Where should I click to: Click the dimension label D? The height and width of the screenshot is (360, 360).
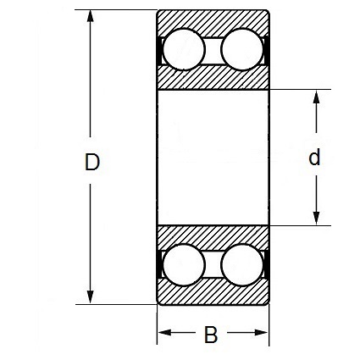[x=92, y=162]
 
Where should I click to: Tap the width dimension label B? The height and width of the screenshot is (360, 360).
[x=211, y=335]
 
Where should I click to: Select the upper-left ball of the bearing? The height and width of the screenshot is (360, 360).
[x=184, y=49]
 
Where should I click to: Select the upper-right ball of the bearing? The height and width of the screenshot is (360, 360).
[x=242, y=49]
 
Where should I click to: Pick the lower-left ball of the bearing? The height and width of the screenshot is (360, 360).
[x=184, y=265]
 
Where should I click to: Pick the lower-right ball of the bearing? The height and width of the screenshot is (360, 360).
[x=242, y=265]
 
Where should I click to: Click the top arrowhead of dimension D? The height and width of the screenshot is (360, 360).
[x=90, y=16]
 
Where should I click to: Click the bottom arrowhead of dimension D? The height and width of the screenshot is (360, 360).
[x=90, y=297]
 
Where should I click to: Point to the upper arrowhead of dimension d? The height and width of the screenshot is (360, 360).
[x=317, y=97]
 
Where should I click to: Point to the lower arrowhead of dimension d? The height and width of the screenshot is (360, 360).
[x=317, y=219]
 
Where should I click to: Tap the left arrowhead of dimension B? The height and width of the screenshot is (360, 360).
[x=164, y=333]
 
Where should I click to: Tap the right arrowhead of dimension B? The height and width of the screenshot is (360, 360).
[x=261, y=333]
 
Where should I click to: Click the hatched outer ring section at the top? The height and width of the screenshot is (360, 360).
[x=213, y=19]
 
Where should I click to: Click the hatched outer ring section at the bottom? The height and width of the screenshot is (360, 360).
[x=213, y=294]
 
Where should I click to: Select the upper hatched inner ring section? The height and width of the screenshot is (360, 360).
[x=213, y=79]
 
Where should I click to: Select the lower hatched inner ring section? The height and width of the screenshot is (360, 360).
[x=213, y=235]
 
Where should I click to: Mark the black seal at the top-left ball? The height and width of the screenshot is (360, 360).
[x=159, y=50]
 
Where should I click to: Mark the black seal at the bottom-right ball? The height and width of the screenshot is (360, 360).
[x=266, y=265]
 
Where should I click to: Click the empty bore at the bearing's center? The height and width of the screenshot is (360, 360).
[x=213, y=158]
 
